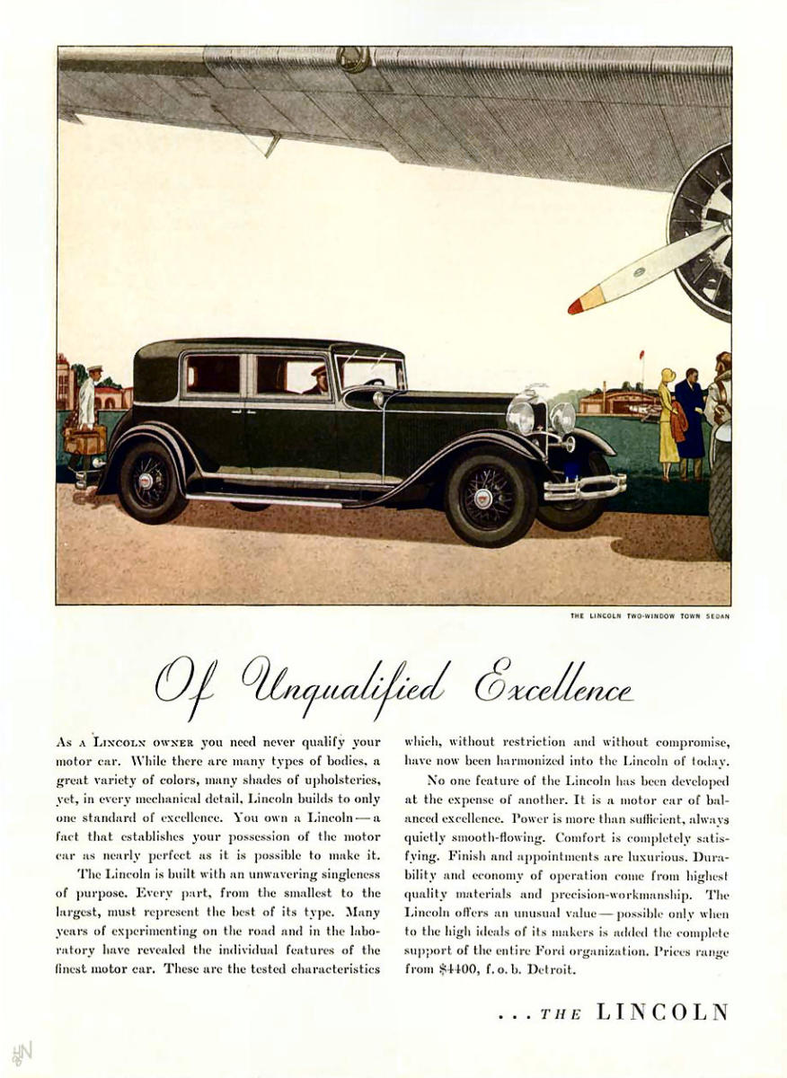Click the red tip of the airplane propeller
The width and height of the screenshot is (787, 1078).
pos(576,306)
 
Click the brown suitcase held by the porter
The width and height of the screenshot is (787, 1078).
pos(85,439)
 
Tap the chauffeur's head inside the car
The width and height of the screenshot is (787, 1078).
pos(319,375)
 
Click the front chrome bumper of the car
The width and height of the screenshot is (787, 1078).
pos(585,488)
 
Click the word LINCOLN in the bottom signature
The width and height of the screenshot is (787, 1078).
pos(662,1012)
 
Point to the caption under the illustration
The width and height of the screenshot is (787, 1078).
pos(650,616)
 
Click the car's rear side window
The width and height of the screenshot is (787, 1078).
pos(212,374)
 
